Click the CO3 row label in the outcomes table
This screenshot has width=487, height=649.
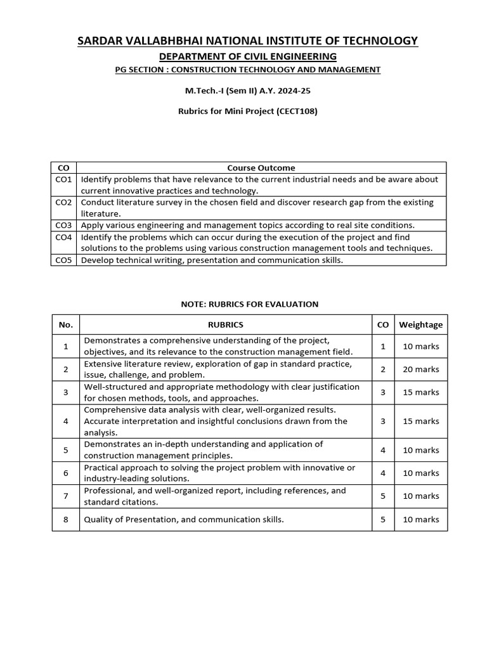[63, 225]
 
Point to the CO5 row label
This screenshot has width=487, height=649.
[63, 260]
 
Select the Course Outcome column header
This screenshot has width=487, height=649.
[261, 168]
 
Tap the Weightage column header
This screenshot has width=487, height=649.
[420, 325]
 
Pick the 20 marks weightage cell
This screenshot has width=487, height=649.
[420, 369]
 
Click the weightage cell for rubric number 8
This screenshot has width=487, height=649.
[420, 520]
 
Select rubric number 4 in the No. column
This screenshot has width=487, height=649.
[66, 421]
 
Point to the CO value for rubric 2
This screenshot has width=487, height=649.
[382, 369]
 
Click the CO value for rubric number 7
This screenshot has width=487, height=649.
[382, 496]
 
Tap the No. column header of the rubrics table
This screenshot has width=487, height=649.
[66, 325]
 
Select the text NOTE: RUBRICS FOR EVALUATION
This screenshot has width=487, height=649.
[250, 304]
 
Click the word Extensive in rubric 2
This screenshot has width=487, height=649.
[103, 364]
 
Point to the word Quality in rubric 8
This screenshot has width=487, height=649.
[98, 520]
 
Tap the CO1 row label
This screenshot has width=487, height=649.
[63, 179]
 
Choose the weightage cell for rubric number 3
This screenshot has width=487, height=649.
[420, 392]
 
